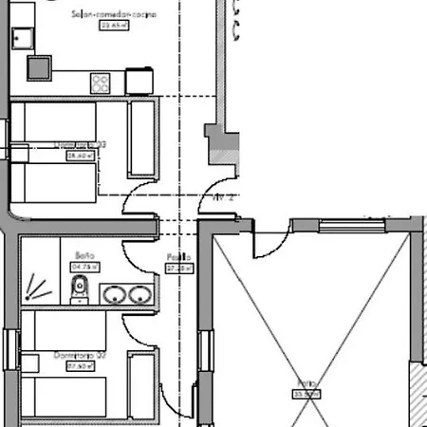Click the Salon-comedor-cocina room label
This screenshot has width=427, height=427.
(114, 15)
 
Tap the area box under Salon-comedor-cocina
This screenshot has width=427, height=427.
(114, 26)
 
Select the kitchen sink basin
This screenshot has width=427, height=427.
(22, 37)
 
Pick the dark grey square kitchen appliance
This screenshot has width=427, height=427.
(39, 66)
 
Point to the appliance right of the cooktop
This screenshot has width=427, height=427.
(139, 81)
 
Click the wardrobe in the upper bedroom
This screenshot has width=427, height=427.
(141, 139)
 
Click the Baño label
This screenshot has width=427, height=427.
(83, 255)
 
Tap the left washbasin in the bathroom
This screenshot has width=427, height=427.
(115, 295)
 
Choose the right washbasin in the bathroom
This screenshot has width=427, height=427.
(139, 295)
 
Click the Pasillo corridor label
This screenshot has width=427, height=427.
(179, 257)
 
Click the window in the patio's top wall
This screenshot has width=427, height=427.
(352, 225)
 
